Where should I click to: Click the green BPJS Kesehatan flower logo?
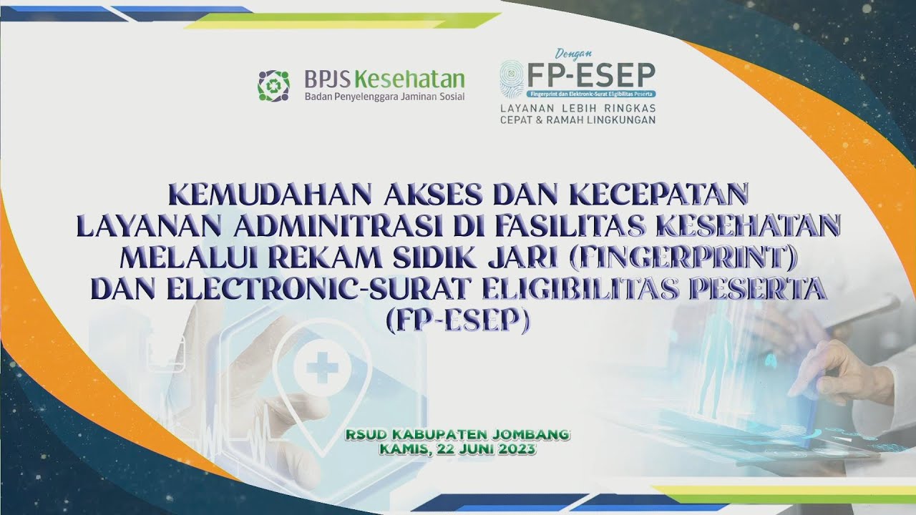coord(273,85)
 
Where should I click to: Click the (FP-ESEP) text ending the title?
coord(458,320)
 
